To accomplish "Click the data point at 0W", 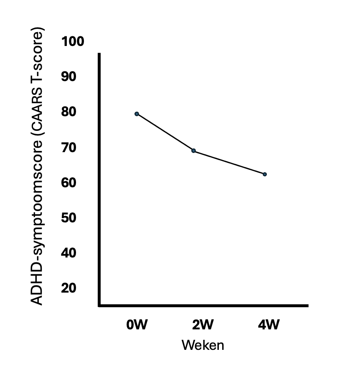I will coord(137,114).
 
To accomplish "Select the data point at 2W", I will coord(193,150).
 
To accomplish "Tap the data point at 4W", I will coord(265,174).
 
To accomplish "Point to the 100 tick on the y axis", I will coord(73,42).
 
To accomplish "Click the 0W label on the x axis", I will coord(137,324).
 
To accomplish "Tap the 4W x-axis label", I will coord(269,324).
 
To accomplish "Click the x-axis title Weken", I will coord(203,346).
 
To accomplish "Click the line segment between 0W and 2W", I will coord(165,132).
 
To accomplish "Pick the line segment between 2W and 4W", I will coord(229,162).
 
